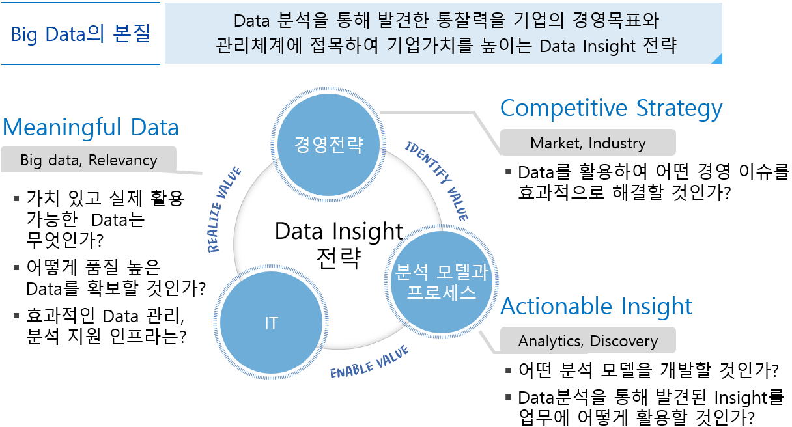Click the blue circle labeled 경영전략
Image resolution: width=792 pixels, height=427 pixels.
pyautogui.click(x=328, y=145)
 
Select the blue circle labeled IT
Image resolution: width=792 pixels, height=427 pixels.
pyautogui.click(x=271, y=322)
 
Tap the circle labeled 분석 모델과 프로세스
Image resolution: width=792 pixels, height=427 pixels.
pyautogui.click(x=441, y=282)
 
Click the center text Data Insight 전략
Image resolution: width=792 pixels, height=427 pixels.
pyautogui.click(x=339, y=245)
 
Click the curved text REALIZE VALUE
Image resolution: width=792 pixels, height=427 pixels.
pyautogui.click(x=223, y=209)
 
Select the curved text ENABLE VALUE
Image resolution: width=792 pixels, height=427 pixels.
pyautogui.click(x=369, y=363)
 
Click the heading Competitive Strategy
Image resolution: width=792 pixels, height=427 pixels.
pyautogui.click(x=612, y=108)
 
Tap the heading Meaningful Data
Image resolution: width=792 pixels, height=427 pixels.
pyautogui.click(x=91, y=127)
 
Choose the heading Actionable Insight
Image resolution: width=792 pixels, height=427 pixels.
pyautogui.click(x=596, y=306)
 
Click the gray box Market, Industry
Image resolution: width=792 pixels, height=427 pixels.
pyautogui.click(x=588, y=143)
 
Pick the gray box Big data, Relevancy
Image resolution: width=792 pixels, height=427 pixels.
pyautogui.click(x=89, y=159)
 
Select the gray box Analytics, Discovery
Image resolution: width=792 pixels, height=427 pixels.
pyautogui.click(x=588, y=340)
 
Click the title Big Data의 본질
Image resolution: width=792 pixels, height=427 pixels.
pyautogui.click(x=81, y=34)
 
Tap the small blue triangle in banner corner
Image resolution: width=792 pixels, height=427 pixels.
pyautogui.click(x=718, y=60)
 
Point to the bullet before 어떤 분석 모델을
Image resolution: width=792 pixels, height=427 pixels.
pyautogui.click(x=509, y=370)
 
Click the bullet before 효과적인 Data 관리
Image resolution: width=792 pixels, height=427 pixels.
pyautogui.click(x=16, y=315)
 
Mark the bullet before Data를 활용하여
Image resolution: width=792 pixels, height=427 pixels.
pyautogui.click(x=509, y=172)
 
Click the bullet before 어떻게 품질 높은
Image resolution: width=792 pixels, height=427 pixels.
pyautogui.click(x=16, y=268)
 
